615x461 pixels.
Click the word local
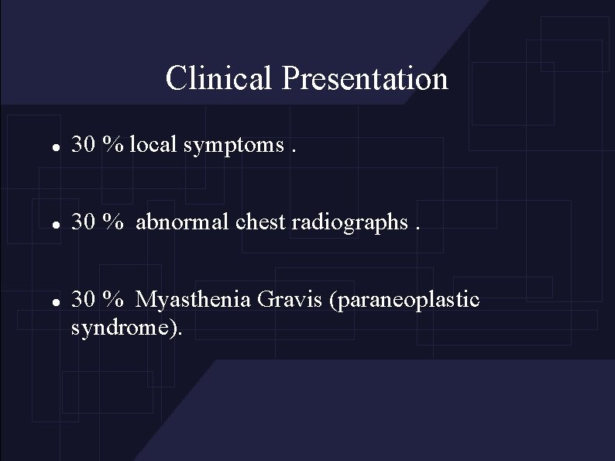pos(156,144)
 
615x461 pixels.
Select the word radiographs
pos(353,223)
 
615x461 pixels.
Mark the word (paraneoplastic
pos(404,300)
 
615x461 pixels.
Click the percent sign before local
pos(115,144)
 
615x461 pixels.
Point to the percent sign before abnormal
pos(115,222)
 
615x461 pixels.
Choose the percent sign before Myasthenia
pos(115,299)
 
